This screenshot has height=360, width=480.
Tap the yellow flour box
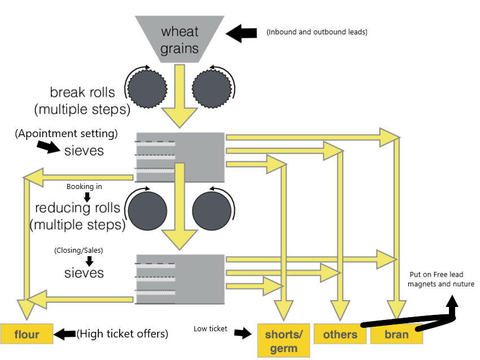click(27, 335)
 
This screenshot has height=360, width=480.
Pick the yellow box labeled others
click(340, 335)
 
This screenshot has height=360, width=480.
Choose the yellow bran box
click(396, 335)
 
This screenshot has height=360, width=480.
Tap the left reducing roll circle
click(147, 212)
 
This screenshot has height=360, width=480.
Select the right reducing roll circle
click(212, 212)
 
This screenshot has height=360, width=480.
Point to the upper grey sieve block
click(180, 156)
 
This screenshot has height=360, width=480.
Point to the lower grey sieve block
click(180, 279)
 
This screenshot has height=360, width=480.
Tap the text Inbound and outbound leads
click(317, 32)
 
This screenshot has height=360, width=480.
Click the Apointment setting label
click(67, 134)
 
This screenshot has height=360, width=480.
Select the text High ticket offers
click(123, 334)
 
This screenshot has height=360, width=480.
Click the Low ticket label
click(210, 328)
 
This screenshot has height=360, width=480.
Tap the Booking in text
click(84, 186)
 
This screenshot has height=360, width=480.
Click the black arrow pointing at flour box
click(64, 334)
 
